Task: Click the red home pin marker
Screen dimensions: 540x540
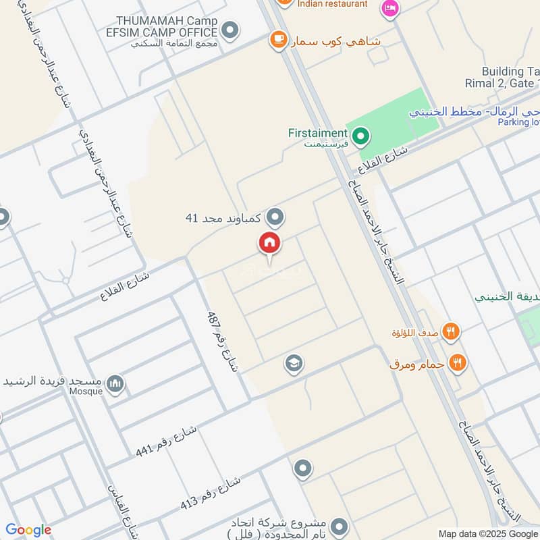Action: (x=269, y=244)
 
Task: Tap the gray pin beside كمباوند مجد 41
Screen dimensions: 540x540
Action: (x=275, y=217)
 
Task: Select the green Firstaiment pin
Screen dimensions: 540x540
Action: (x=361, y=138)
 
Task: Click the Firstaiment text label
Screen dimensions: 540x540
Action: (x=317, y=134)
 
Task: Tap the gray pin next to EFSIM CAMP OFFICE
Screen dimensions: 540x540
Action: (x=231, y=30)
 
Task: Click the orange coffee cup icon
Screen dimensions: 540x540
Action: (x=277, y=40)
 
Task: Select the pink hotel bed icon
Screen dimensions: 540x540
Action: (x=390, y=8)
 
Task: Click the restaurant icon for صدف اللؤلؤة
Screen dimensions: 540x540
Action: (x=452, y=332)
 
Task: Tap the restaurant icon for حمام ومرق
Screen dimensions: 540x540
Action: (x=458, y=363)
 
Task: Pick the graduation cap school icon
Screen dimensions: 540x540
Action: (x=294, y=364)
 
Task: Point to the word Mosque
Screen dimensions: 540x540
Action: (x=86, y=391)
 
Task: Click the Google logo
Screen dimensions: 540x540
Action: (x=28, y=530)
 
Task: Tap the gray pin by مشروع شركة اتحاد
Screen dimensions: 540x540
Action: (x=340, y=525)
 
